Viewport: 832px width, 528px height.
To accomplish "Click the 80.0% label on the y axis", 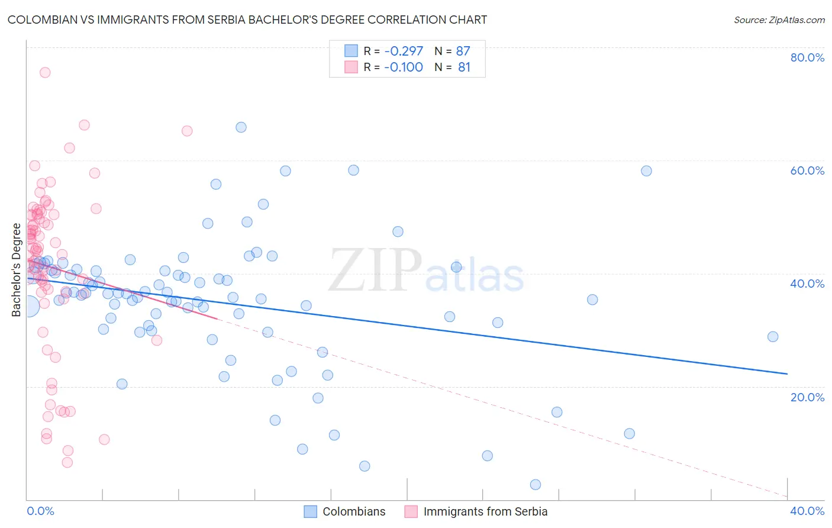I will pos(807,57).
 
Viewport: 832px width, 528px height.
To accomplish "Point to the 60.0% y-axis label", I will pos(807,170).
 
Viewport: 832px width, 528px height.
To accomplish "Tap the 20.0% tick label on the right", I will pos(807,397).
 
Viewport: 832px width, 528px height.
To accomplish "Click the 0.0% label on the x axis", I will pos(40,511).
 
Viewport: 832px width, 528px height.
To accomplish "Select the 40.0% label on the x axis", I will pos(807,511).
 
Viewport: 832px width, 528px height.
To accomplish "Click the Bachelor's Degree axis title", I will pos(16,270).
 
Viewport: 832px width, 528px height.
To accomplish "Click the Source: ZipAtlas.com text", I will pos(779,20).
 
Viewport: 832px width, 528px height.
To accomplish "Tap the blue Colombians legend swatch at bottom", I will pos(311,511).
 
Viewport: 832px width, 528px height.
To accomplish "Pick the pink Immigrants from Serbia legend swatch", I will pos(411,511).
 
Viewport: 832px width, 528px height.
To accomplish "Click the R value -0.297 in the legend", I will pos(404,51).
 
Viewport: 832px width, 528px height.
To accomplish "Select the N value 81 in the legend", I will pos(464,67).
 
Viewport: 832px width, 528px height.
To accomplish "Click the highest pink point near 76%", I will pos(45,73).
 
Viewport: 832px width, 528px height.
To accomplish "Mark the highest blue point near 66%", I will pos(241,127).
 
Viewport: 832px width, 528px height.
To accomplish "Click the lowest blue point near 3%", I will pos(536,485).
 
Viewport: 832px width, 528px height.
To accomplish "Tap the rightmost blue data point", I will pos(773,337).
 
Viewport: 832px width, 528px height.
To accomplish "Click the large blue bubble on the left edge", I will pos(28,306).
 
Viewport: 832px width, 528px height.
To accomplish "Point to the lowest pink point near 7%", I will pos(67,462).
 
